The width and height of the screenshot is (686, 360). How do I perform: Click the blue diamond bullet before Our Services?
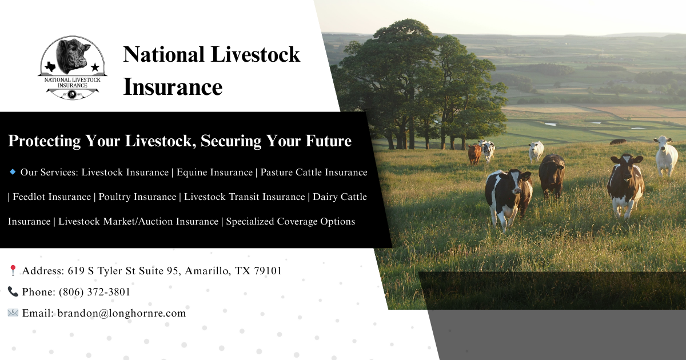pos(13,171)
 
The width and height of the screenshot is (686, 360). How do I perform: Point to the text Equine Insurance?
pos(214,172)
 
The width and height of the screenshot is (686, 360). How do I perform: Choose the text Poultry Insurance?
pos(137,197)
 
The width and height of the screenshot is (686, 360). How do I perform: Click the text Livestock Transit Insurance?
pos(245,197)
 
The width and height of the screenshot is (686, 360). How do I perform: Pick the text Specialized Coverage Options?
pos(290,221)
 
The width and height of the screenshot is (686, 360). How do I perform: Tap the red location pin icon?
pos(13,271)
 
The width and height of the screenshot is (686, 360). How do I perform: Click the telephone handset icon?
pos(13,292)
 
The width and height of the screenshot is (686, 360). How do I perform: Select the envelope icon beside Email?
pos(13,313)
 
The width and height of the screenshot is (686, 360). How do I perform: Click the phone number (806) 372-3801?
pos(94,292)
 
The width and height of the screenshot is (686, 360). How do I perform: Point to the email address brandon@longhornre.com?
pos(121,313)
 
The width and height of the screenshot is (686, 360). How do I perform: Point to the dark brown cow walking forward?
pos(552,174)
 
